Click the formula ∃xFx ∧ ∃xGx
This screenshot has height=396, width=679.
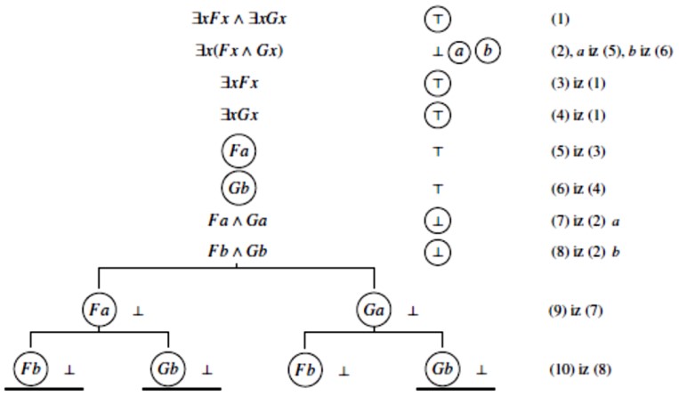tap(238, 17)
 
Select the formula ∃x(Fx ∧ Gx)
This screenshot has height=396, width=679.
tap(238, 50)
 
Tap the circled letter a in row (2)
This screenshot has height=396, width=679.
tap(460, 51)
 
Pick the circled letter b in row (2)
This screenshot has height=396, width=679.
tap(488, 51)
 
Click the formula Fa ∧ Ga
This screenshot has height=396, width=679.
tap(238, 219)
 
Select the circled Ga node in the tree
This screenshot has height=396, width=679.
tap(375, 311)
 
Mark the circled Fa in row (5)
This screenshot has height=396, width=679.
tap(238, 152)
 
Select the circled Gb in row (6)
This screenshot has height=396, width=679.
tap(238, 189)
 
